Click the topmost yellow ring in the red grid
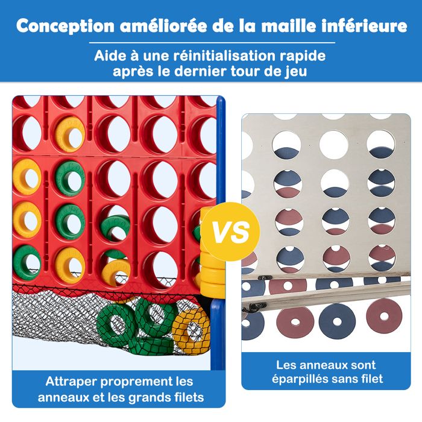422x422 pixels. [x=69, y=134]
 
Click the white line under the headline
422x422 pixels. [x=211, y=43]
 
